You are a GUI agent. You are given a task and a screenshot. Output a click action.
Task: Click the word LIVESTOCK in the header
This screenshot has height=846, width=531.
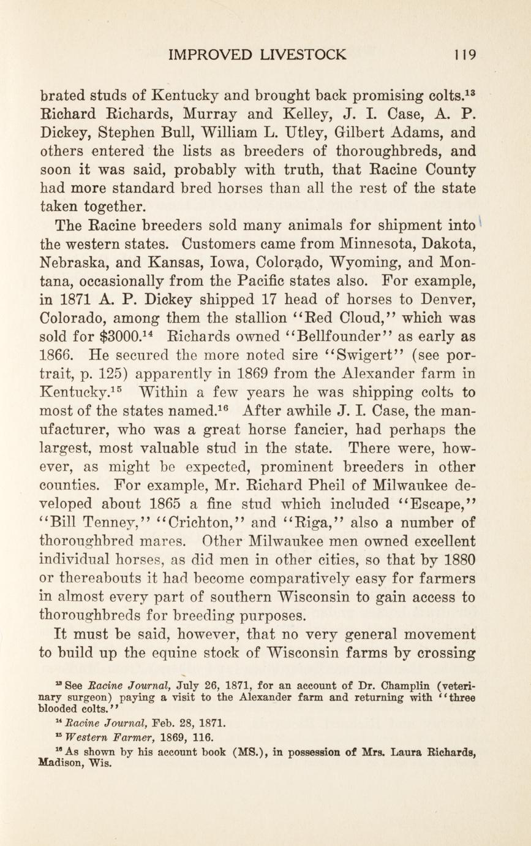click(303, 55)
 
